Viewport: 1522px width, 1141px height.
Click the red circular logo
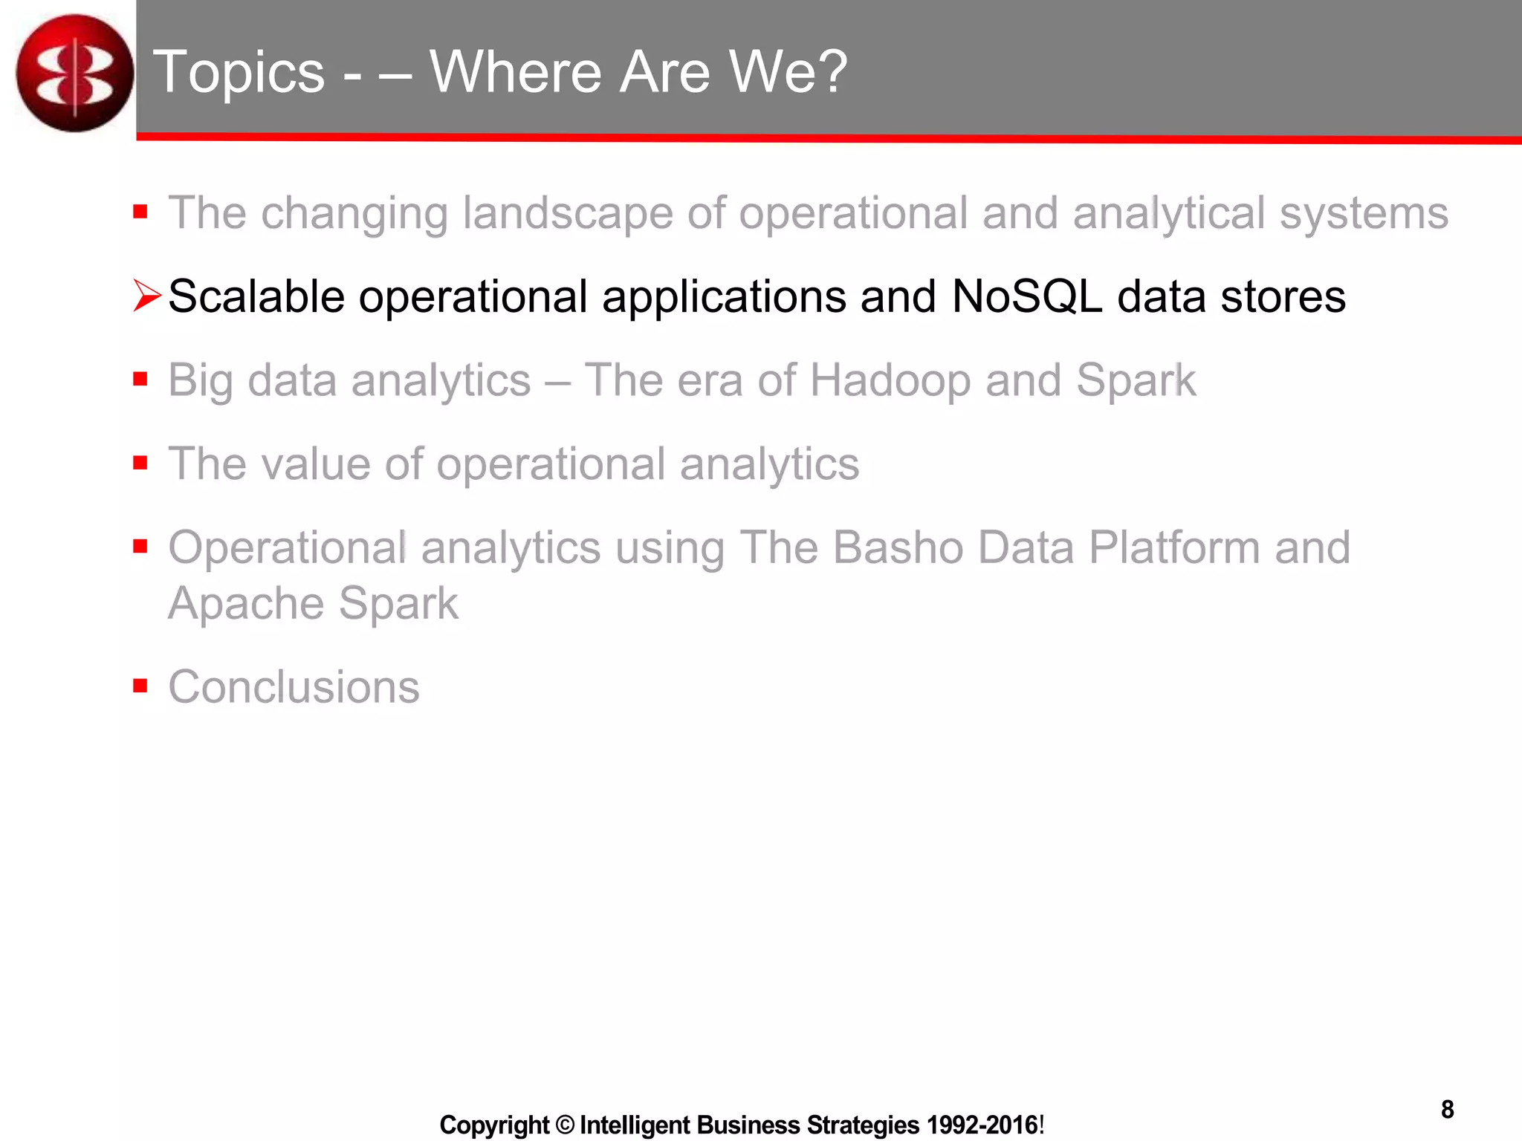74,73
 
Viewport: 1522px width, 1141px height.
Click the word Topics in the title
239,72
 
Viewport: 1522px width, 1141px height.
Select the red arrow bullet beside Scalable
146,296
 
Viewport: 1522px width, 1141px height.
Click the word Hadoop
890,380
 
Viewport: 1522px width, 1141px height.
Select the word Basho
897,547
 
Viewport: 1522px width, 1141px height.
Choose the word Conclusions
294,686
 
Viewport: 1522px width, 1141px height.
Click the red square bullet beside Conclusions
140,685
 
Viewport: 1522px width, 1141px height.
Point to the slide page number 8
1447,1110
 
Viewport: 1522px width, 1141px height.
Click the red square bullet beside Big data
140,380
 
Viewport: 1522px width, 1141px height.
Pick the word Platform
1174,547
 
